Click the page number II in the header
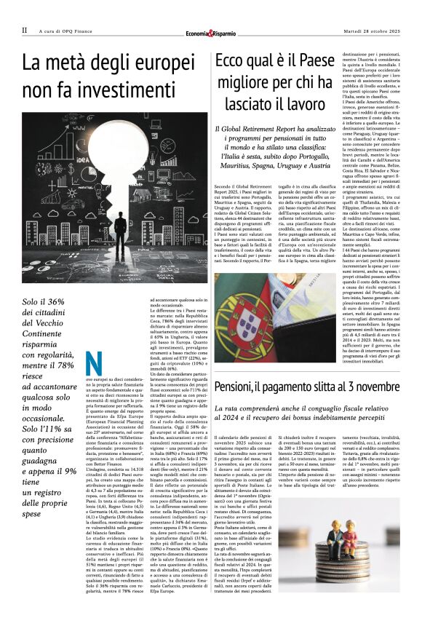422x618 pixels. click(24, 30)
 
